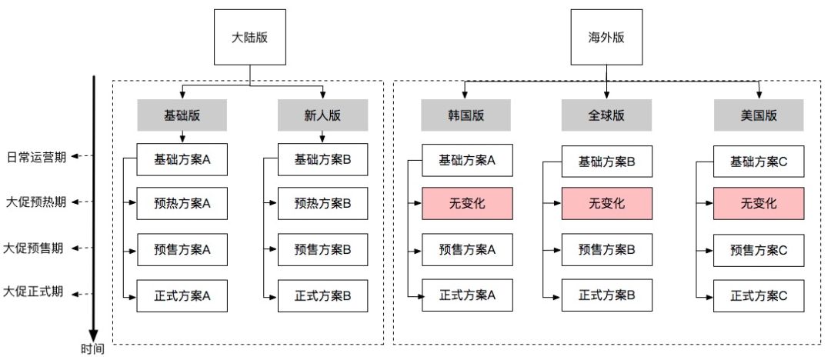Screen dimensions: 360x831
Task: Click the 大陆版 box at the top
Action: pyautogui.click(x=250, y=38)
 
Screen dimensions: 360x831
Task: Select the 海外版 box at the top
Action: pyautogui.click(x=606, y=38)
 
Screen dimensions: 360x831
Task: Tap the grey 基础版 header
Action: pyautogui.click(x=182, y=116)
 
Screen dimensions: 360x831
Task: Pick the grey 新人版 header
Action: pyautogui.click(x=322, y=116)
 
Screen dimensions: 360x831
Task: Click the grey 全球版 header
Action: pyautogui.click(x=606, y=116)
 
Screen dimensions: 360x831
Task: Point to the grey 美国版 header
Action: pyautogui.click(x=759, y=116)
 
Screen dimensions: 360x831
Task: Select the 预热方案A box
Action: pyautogui.click(x=182, y=204)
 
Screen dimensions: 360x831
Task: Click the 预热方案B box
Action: pyautogui.click(x=322, y=204)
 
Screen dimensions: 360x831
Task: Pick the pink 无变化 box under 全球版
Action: pyautogui.click(x=606, y=204)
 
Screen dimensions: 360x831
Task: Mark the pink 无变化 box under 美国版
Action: pyautogui.click(x=759, y=204)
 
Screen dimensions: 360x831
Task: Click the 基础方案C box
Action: pyautogui.click(x=759, y=162)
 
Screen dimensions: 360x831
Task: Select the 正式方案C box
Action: pyautogui.click(x=759, y=295)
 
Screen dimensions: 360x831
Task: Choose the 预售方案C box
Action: pyautogui.click(x=759, y=249)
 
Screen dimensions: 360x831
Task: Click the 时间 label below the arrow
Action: pyautogui.click(x=94, y=349)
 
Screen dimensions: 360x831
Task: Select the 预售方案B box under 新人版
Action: pyautogui.click(x=322, y=249)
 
